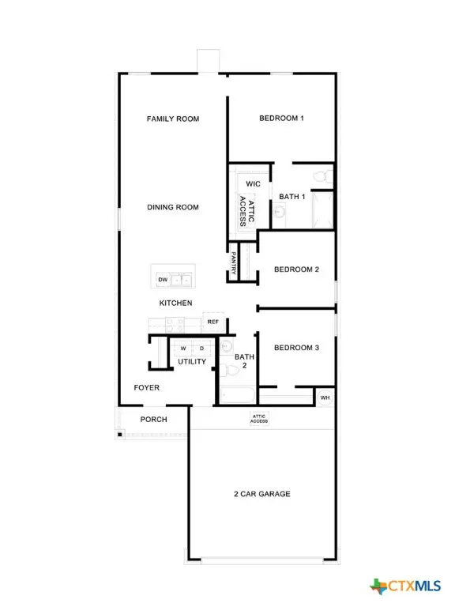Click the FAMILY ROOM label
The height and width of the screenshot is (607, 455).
(173, 119)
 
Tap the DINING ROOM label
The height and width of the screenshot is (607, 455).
(173, 208)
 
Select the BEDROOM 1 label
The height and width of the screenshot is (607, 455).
(282, 119)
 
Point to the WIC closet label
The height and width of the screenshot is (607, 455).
(253, 184)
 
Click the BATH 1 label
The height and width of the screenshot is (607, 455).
(292, 197)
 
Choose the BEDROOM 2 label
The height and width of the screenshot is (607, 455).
(296, 270)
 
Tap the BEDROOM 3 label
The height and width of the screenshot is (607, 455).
(296, 348)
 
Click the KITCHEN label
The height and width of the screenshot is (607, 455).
(175, 303)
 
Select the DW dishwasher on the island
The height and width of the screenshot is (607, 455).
(163, 280)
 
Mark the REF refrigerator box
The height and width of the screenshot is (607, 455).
(212, 322)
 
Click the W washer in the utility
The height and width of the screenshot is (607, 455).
(182, 348)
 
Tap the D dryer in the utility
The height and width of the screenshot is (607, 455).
(201, 348)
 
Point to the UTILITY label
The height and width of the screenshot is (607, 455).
(192, 362)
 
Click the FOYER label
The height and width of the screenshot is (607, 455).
(147, 388)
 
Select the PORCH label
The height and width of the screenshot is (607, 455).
(154, 420)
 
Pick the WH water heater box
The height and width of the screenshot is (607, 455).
(325, 398)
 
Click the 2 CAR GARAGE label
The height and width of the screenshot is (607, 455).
(261, 494)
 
